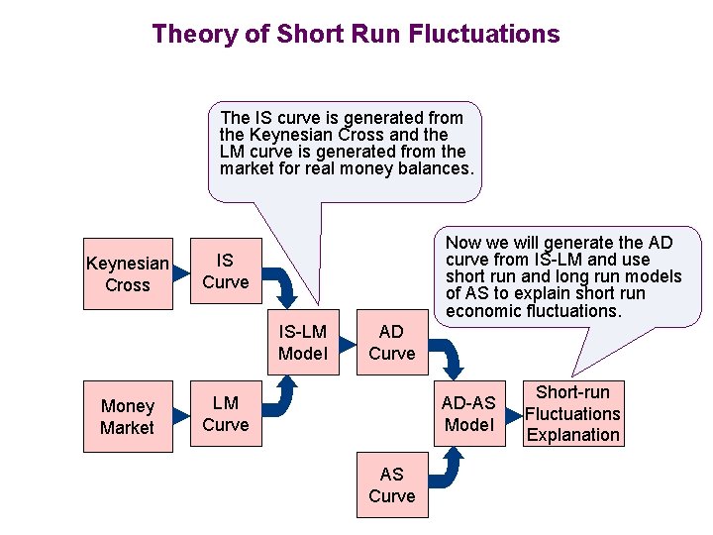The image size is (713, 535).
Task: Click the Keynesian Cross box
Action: coord(128,273)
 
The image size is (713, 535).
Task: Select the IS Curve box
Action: coord(226,271)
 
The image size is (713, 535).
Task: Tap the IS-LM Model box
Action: coord(303,342)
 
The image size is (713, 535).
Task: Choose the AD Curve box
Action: coord(392,342)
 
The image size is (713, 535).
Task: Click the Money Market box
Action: coord(128,416)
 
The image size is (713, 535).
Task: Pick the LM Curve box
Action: coord(226,414)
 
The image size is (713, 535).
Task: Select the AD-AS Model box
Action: coord(469,413)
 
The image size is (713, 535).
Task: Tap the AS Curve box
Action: coord(392,484)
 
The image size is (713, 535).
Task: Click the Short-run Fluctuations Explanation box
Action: coord(573,413)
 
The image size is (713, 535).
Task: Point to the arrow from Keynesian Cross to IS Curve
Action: coord(179,272)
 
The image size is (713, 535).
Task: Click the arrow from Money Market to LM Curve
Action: coord(179,415)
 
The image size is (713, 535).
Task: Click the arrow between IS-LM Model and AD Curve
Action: coord(348,343)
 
